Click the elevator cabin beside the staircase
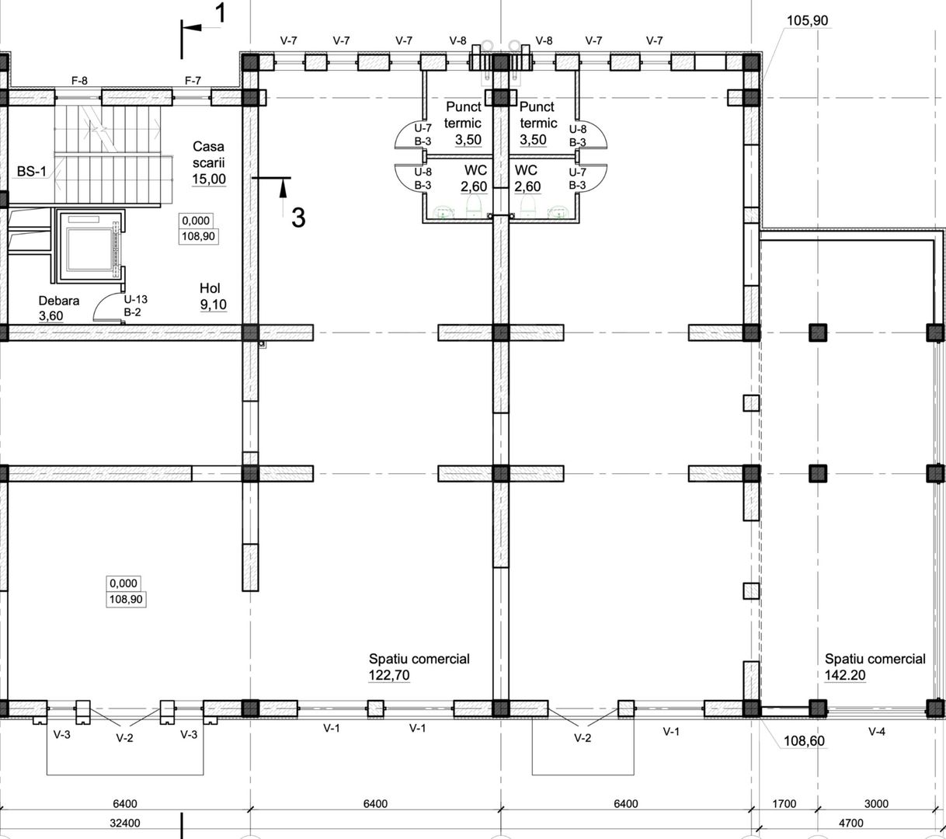(x=89, y=246)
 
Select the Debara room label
(x=58, y=308)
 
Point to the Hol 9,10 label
(x=213, y=296)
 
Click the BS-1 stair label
(x=32, y=172)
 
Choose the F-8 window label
(x=79, y=81)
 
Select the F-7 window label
(x=193, y=81)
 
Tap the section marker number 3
(x=298, y=218)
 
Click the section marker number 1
(x=221, y=13)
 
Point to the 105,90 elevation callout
(x=807, y=20)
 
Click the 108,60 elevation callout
(x=804, y=740)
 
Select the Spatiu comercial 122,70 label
(x=419, y=667)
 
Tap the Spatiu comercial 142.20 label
(x=875, y=667)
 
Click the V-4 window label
(x=876, y=732)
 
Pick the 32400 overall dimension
(x=125, y=823)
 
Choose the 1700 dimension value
(x=784, y=803)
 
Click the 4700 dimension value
(x=851, y=823)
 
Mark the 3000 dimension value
(x=876, y=803)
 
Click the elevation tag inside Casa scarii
(x=198, y=228)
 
